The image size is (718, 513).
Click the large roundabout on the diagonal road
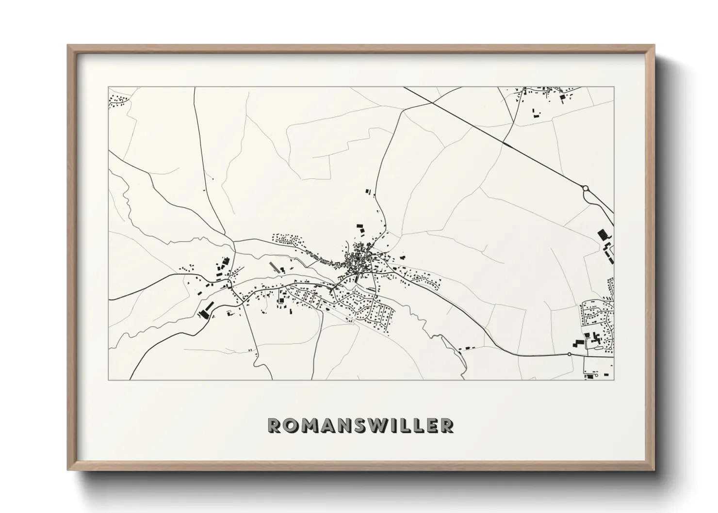[585, 188]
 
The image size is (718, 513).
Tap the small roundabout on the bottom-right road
[570, 354]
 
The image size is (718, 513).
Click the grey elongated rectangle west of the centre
[272, 267]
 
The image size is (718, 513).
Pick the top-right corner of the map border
[614, 87]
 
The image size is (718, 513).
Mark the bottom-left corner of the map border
[109, 380]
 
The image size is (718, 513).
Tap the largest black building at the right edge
[604, 235]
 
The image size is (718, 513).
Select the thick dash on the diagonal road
[507, 144]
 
